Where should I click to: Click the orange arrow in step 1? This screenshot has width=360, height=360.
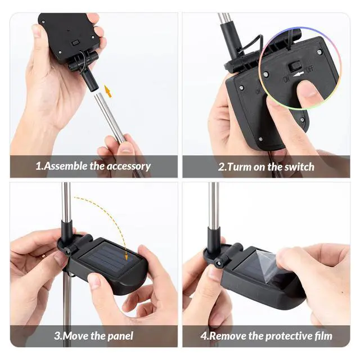(x=108, y=91)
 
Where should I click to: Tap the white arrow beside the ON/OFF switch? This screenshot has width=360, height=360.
(x=299, y=74)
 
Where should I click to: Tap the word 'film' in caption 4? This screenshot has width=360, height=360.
(x=323, y=336)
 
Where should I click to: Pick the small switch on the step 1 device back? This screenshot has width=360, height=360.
(x=75, y=43)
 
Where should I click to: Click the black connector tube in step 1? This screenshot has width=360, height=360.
(x=90, y=80)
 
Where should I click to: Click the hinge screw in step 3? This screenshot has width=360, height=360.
(x=67, y=252)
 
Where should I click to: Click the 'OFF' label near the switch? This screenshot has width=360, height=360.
(x=309, y=69)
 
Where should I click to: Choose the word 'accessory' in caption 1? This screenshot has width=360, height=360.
(x=129, y=166)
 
